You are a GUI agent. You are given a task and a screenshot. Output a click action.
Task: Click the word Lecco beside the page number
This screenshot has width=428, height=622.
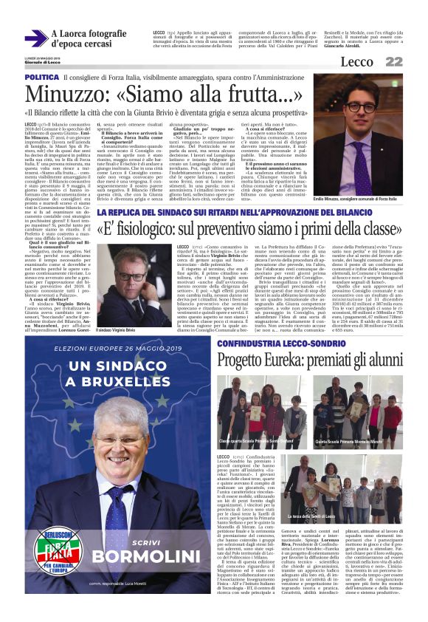[379, 62]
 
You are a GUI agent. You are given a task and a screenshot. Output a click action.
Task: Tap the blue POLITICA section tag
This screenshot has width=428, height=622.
[41, 78]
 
